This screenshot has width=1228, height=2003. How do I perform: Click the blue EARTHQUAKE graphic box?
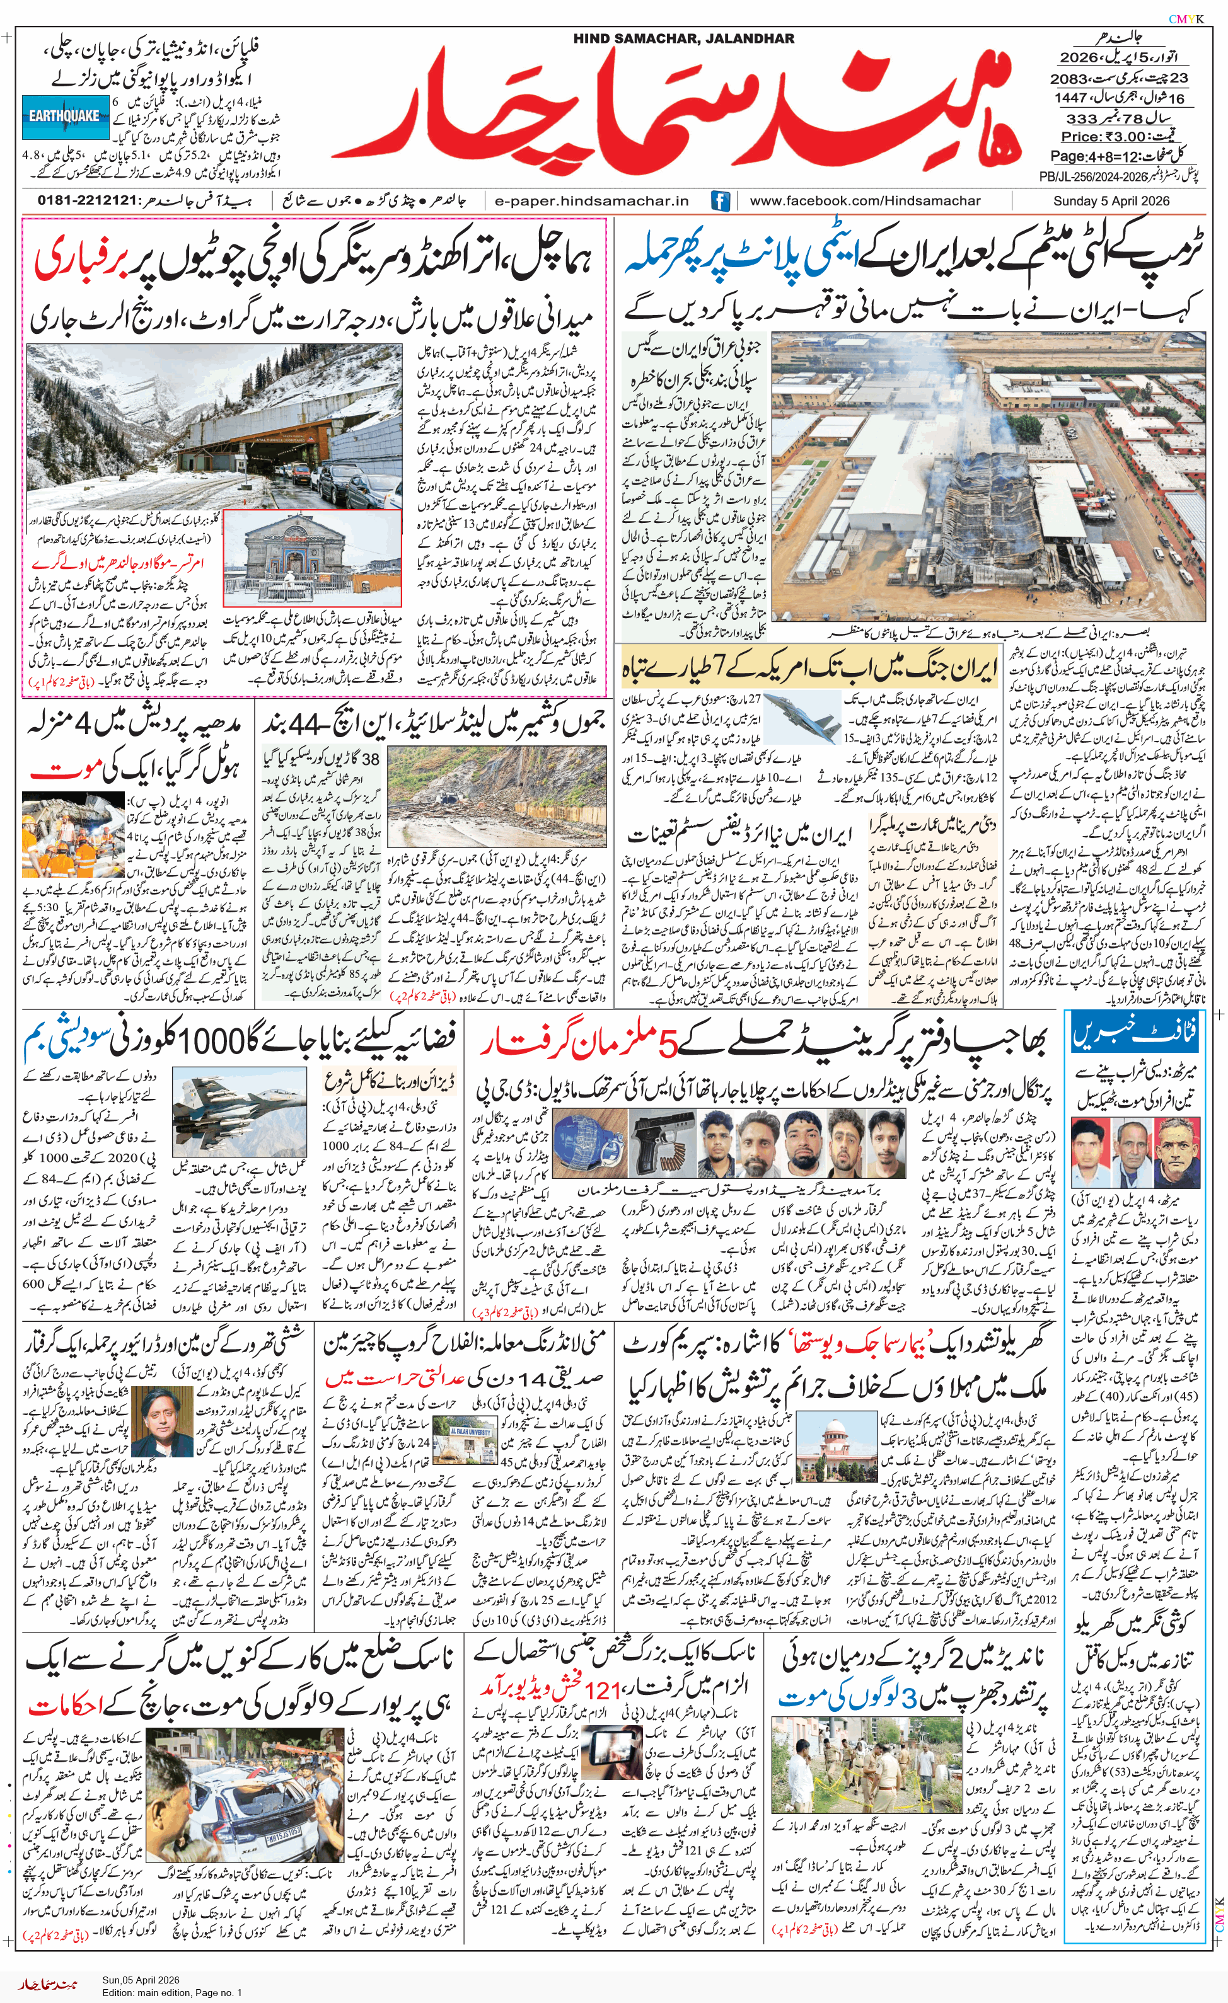click(x=65, y=116)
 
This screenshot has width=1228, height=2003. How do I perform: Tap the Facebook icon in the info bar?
click(x=720, y=201)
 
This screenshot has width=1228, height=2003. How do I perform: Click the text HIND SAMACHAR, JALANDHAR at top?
click(x=683, y=38)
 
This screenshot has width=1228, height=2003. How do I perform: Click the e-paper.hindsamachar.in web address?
click(x=592, y=201)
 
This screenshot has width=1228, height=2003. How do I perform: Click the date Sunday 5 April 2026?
click(x=1111, y=201)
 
